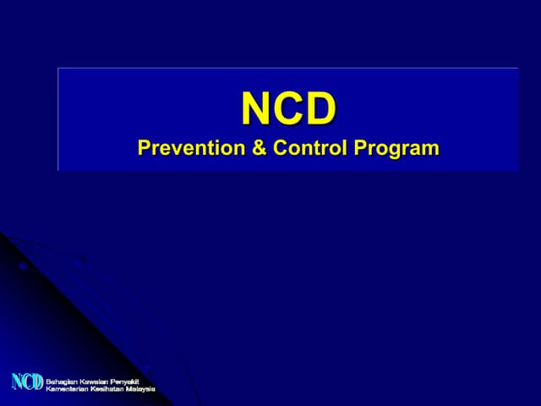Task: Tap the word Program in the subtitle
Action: pos(396,149)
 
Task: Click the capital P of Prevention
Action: pos(144,148)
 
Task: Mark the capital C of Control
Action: pos(281,148)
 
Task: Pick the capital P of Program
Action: pos(360,148)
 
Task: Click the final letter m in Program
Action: pos(431,150)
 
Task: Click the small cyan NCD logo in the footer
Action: pos(27,382)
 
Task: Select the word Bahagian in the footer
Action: pos(61,378)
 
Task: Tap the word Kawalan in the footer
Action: pos(95,378)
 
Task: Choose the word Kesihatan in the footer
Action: pos(106,387)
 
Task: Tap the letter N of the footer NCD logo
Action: pos(17,382)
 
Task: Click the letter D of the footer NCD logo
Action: pos(37,382)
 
